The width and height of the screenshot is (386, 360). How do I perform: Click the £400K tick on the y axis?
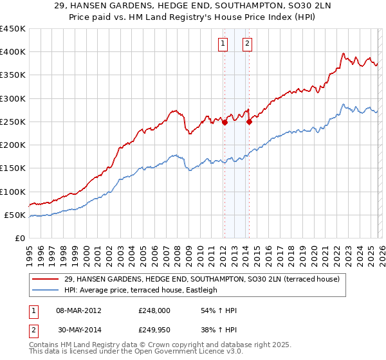13,52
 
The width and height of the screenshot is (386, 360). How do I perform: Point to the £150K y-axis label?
13,168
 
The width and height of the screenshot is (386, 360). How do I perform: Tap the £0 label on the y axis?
20,239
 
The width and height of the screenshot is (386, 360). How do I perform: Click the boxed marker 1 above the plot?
223,44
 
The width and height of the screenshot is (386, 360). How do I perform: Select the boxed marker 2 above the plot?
247,44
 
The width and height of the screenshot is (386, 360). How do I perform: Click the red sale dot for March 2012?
225,123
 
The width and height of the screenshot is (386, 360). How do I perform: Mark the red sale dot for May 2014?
249,122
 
